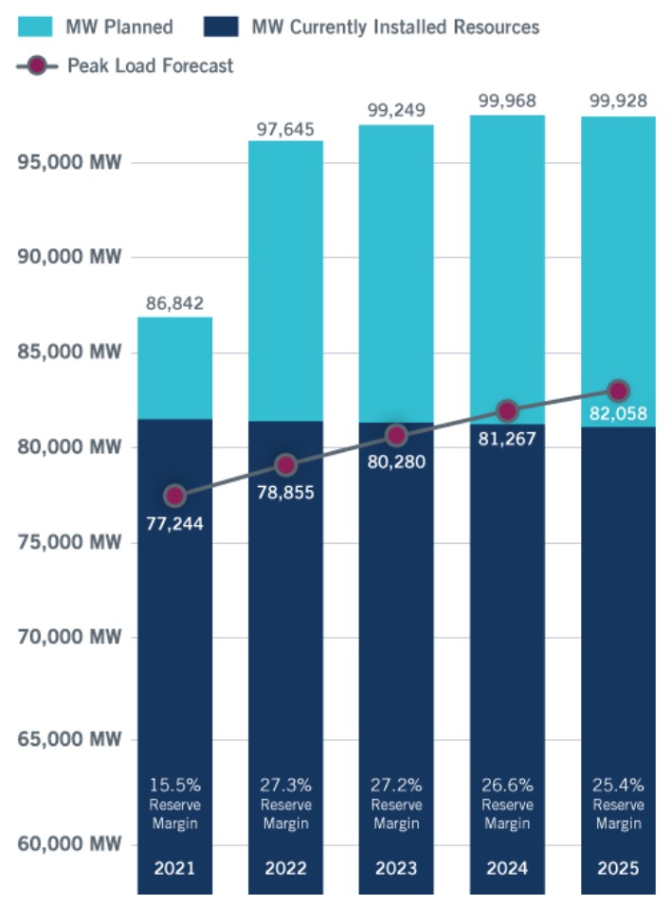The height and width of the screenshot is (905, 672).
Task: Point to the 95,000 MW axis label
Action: [70, 162]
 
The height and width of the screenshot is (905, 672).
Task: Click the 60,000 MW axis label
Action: [70, 843]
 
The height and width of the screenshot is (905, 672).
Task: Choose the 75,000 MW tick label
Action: [70, 543]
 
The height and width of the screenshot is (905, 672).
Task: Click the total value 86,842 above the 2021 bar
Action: [175, 303]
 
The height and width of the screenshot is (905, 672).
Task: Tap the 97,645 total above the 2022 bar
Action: [285, 128]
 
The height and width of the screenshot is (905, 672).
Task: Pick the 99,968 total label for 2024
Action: [507, 100]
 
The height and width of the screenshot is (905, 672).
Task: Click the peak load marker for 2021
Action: [175, 496]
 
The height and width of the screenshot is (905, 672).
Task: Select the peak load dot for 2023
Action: [396, 436]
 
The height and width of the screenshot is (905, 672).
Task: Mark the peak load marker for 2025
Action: [618, 390]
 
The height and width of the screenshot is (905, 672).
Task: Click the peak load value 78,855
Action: [285, 493]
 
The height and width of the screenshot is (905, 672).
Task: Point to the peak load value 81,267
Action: [507, 440]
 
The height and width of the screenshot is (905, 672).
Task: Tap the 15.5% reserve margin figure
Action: [175, 785]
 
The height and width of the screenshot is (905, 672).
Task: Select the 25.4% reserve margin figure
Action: [618, 785]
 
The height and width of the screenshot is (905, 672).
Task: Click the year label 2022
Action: [285, 868]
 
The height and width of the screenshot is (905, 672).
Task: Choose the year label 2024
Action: [507, 868]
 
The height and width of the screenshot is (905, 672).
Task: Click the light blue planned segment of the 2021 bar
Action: [175, 368]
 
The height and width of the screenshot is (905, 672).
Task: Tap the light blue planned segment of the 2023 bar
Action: [396, 275]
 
